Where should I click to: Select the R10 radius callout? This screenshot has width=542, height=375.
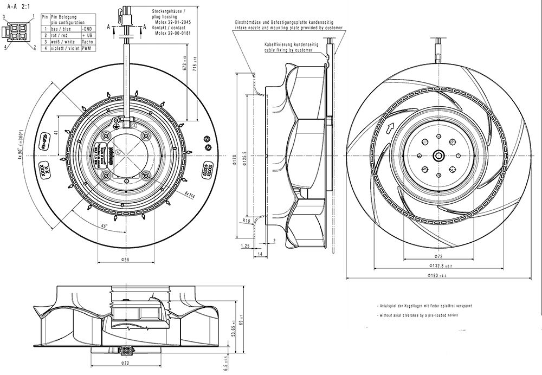(x=246, y=221)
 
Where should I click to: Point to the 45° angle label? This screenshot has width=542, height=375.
(x=103, y=226)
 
